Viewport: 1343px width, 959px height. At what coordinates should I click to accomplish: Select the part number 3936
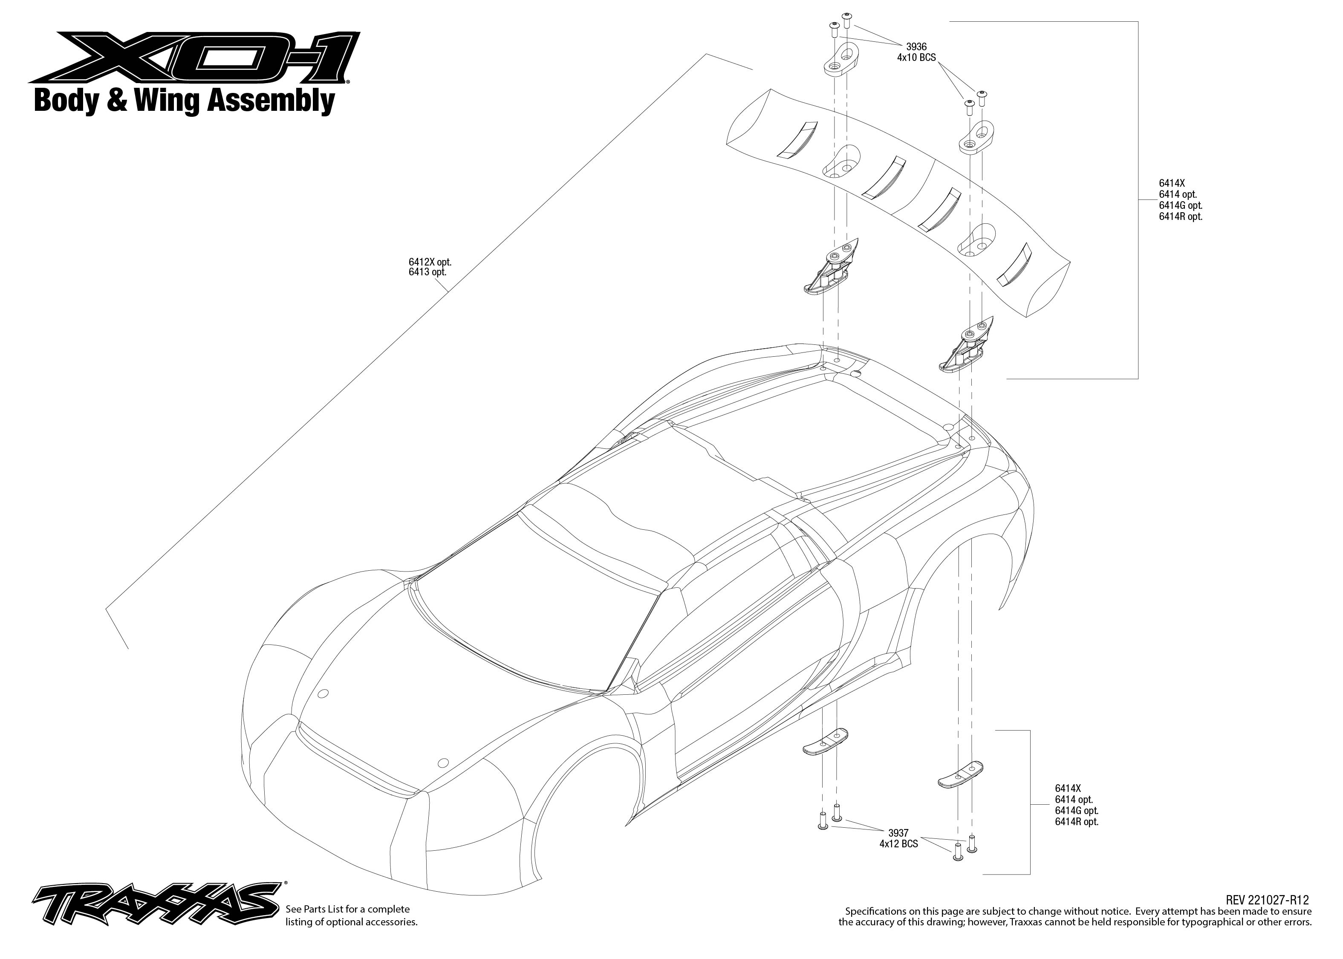[x=916, y=46]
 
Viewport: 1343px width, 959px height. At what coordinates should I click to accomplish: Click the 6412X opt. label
[x=430, y=262]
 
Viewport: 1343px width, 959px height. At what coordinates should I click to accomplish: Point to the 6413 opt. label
[x=427, y=272]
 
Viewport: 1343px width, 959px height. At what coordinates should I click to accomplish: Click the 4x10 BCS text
[x=916, y=58]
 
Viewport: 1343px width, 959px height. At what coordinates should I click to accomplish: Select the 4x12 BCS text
[x=898, y=844]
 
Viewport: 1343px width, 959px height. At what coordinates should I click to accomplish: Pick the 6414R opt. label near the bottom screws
[x=1077, y=821]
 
